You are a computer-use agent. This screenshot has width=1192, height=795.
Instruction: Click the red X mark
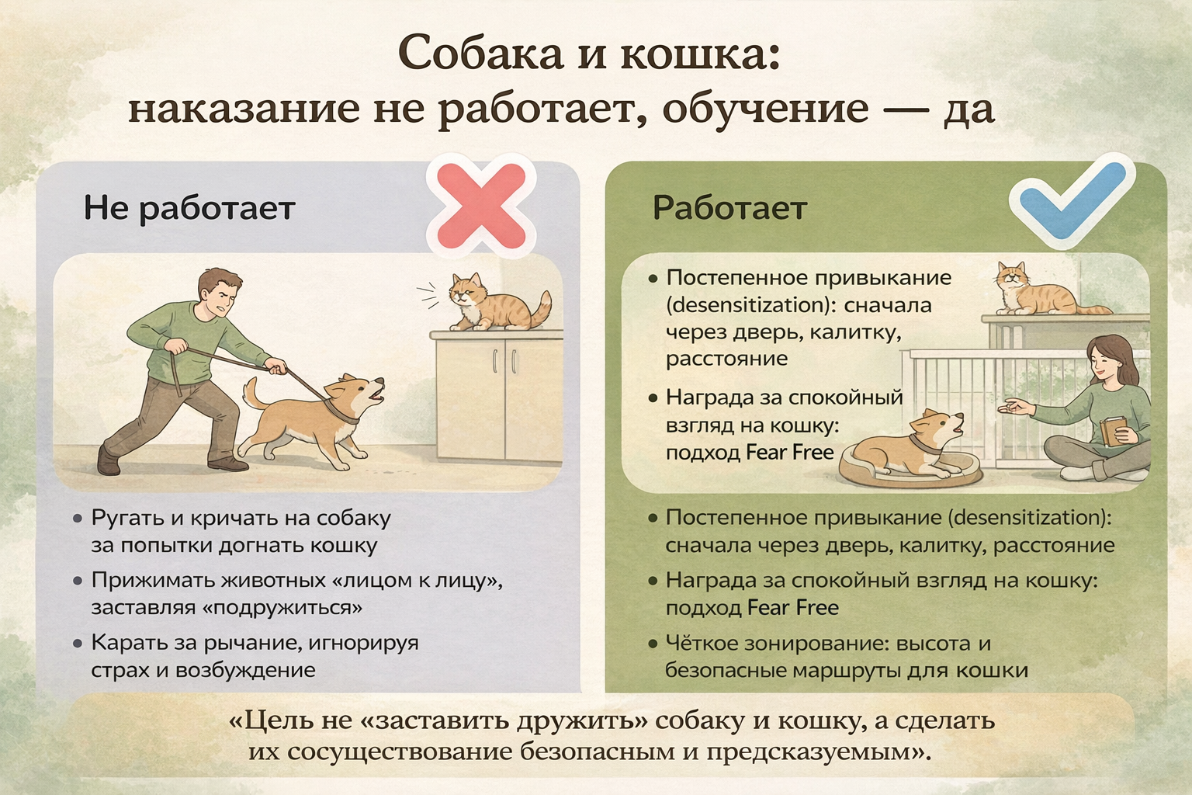click(481, 206)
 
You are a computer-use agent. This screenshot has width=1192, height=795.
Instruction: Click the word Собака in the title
click(481, 54)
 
